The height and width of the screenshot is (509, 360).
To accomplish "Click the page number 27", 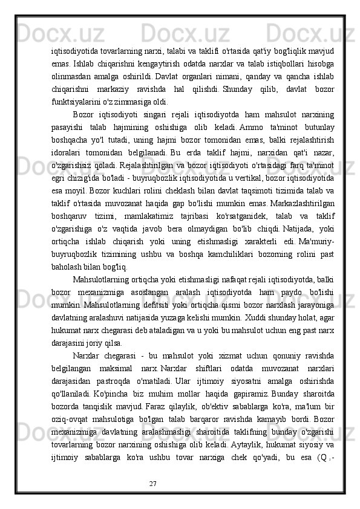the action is click(153, 484).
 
